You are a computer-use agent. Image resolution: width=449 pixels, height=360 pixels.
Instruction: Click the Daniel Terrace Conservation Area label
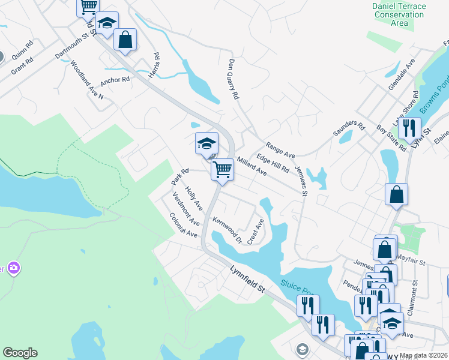tap(399, 15)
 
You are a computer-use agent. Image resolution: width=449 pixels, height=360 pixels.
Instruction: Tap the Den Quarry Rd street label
tap(234, 79)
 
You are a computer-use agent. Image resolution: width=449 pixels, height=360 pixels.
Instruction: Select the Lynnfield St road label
tap(247, 280)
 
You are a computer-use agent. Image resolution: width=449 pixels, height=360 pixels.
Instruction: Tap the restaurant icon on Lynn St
tap(409, 128)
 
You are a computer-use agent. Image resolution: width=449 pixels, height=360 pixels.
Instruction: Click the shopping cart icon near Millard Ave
tap(222, 170)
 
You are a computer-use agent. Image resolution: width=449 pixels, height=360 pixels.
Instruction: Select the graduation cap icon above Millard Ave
tap(206, 143)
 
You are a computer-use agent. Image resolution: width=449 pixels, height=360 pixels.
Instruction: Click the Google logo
tap(20, 353)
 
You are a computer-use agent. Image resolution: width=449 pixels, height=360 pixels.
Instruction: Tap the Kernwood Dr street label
tap(226, 230)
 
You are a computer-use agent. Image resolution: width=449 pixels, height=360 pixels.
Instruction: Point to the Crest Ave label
tap(256, 232)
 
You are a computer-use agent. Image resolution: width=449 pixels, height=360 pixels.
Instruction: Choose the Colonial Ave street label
tap(183, 225)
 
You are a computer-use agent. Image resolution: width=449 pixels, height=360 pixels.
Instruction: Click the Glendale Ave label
tap(402, 74)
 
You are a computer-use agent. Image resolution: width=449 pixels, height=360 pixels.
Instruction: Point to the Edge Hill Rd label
tap(273, 163)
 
